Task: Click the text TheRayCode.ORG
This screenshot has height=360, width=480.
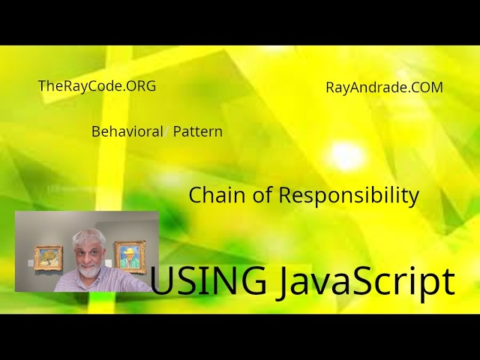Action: (97, 86)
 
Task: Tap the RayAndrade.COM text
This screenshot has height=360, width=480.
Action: (384, 87)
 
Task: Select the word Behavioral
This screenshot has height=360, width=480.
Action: (127, 131)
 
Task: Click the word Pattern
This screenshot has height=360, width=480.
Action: (197, 131)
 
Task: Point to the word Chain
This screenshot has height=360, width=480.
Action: (212, 195)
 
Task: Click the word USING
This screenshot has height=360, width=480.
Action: (208, 281)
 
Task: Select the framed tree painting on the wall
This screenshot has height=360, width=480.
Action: (49, 257)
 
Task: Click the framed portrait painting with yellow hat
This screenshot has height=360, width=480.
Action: (130, 258)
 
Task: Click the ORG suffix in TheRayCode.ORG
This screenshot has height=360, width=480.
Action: (142, 86)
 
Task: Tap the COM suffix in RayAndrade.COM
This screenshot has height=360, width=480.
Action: (427, 87)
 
